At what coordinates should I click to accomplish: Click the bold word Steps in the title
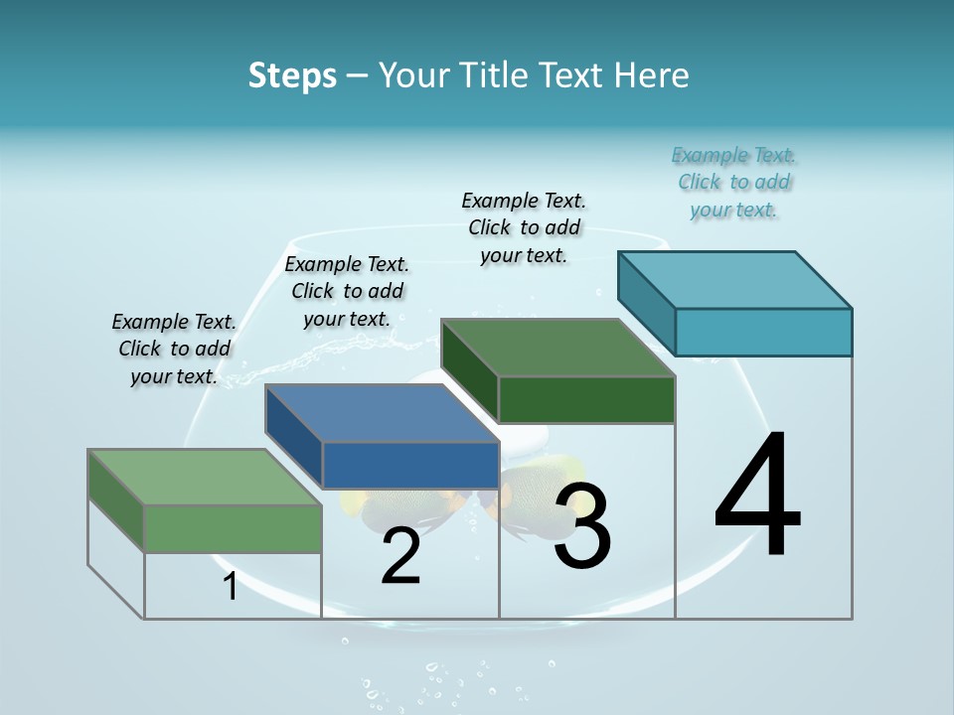(x=292, y=75)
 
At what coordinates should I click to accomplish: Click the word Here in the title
(x=652, y=75)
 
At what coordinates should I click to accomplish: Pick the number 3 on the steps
(x=582, y=525)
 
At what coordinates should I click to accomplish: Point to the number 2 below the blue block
(x=400, y=556)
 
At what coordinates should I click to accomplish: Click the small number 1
(x=231, y=586)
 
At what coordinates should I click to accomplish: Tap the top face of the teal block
(x=735, y=279)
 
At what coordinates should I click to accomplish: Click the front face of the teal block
(x=763, y=332)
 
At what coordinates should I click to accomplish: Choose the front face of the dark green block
(x=586, y=399)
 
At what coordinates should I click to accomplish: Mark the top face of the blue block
(x=382, y=413)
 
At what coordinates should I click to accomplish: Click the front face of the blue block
(x=410, y=465)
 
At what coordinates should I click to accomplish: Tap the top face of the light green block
(x=205, y=477)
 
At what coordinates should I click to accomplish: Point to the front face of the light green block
(x=233, y=528)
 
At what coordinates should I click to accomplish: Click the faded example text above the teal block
(x=734, y=182)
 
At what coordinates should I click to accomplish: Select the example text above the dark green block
(x=524, y=227)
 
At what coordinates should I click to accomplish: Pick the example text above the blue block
(x=347, y=291)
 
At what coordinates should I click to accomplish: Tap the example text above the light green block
(x=174, y=349)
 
